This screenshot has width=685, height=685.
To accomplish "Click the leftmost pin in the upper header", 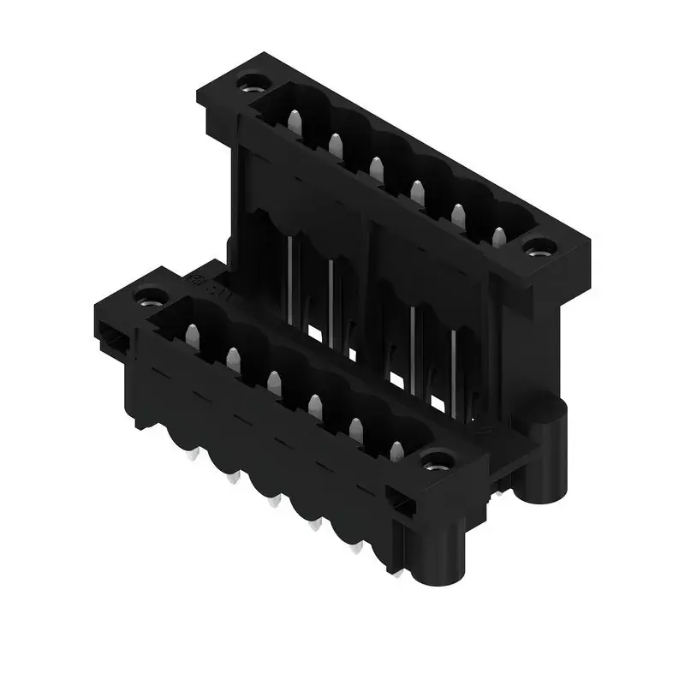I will tap(295, 125).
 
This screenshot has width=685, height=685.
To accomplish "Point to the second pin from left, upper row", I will tap(336, 146).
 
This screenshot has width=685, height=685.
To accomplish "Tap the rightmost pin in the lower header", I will tap(396, 451).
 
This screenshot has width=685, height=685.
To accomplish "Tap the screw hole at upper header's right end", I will tap(539, 251).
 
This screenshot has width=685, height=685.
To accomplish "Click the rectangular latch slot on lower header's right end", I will tap(399, 502).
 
